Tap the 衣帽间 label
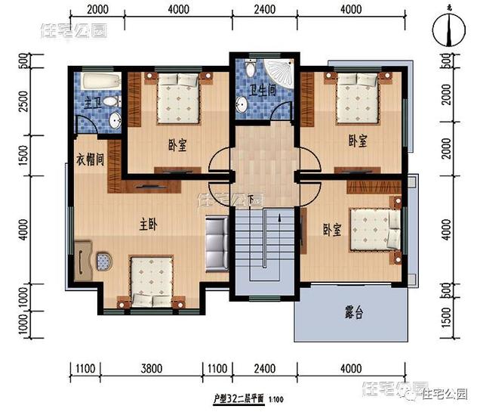(90, 160)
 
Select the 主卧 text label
(149, 225)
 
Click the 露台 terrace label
(353, 312)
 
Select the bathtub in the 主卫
(99, 82)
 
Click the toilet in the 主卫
(110, 101)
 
